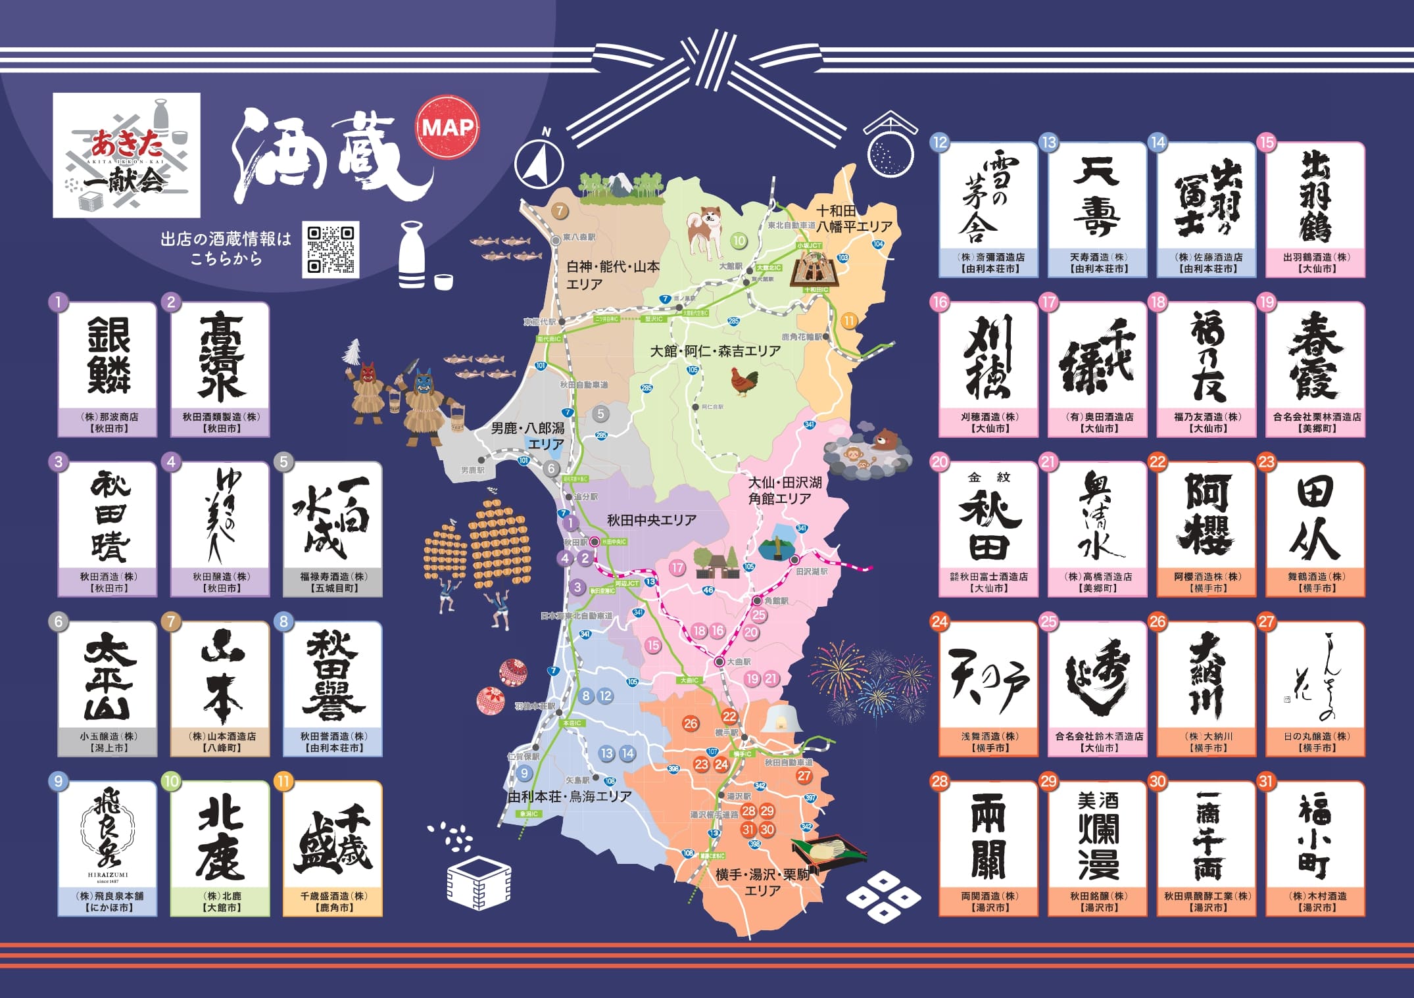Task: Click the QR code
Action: click(x=331, y=249)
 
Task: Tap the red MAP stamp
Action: click(x=447, y=128)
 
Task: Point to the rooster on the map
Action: click(x=744, y=381)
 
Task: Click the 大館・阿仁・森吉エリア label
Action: click(x=715, y=351)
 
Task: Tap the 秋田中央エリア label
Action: click(x=651, y=520)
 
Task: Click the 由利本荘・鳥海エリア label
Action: click(x=570, y=796)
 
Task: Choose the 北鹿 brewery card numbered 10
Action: click(x=220, y=848)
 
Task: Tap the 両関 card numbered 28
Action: click(x=988, y=848)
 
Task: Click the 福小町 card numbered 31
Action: click(x=1315, y=848)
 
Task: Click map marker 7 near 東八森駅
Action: click(x=560, y=210)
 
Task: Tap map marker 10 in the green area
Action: click(x=739, y=241)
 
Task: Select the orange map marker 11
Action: click(x=849, y=321)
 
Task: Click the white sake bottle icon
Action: click(x=412, y=256)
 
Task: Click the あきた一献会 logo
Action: click(x=126, y=155)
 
